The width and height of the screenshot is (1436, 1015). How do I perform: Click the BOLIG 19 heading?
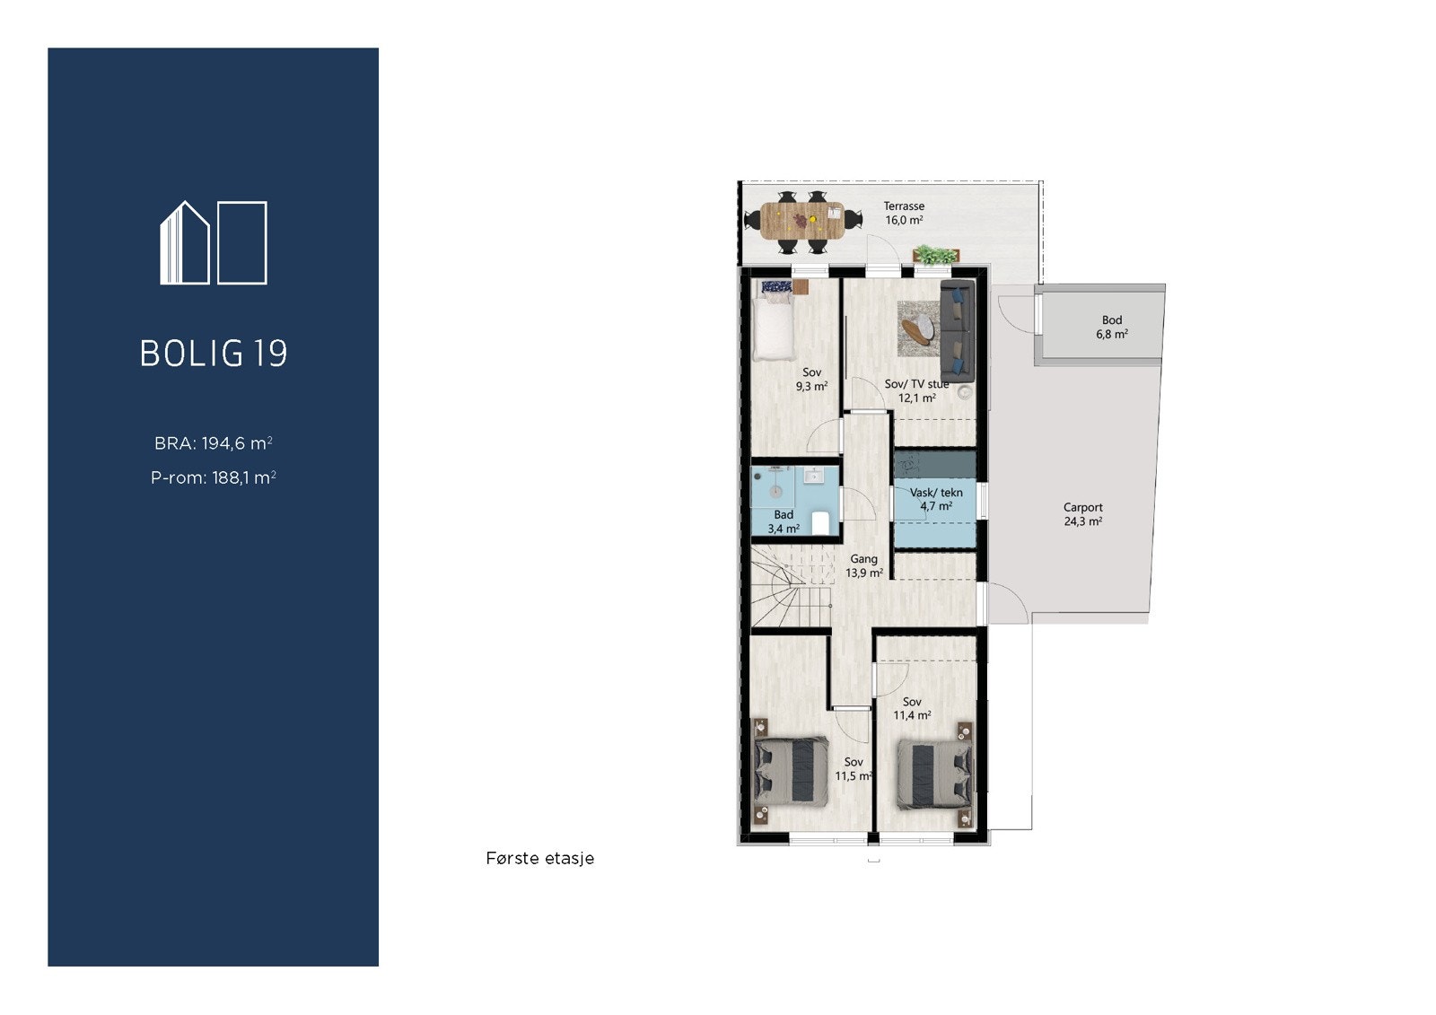coord(214,353)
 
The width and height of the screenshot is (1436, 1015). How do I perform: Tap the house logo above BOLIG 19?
coord(214,243)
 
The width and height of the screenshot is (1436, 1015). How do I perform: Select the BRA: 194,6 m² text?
coord(214,443)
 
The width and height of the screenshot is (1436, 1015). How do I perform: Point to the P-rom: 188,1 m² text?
coord(214,477)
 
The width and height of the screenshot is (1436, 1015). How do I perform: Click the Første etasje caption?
coord(539,859)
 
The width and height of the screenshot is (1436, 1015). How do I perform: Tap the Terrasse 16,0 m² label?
coord(904,214)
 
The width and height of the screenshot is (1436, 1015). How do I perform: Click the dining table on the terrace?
coord(801,221)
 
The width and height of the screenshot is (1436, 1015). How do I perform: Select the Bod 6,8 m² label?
coord(1111,327)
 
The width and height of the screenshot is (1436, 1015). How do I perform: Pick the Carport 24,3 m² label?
coord(1082,514)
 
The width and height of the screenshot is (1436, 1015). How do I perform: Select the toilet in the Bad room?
coord(820,522)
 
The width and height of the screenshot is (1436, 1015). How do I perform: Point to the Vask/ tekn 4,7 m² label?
coord(935,499)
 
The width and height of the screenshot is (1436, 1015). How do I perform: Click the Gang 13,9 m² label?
coord(864,565)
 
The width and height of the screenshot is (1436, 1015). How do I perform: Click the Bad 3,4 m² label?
coord(784,521)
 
